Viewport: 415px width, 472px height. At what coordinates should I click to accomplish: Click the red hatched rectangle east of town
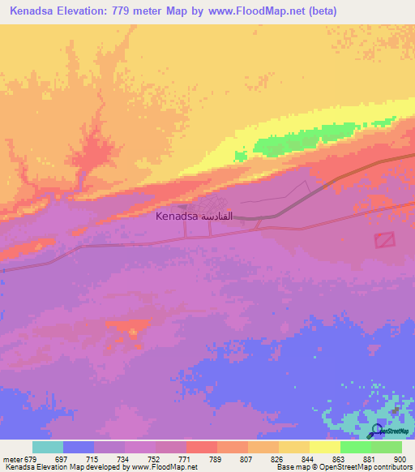click(x=385, y=240)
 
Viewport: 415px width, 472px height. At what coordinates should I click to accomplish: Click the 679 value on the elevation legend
click(x=32, y=459)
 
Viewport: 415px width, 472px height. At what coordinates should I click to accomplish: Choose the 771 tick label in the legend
click(x=186, y=459)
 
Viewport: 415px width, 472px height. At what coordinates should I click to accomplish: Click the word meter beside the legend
click(x=11, y=459)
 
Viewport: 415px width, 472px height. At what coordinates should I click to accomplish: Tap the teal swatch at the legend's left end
click(x=47, y=447)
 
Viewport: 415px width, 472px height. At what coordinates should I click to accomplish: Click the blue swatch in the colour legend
click(x=78, y=447)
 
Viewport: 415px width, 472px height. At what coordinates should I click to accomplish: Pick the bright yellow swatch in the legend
click(x=324, y=447)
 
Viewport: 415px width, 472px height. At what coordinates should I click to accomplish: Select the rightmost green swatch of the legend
click(x=386, y=447)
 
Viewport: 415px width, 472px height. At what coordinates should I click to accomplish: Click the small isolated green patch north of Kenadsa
click(x=240, y=156)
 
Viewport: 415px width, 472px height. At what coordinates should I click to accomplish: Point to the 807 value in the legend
click(x=247, y=459)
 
